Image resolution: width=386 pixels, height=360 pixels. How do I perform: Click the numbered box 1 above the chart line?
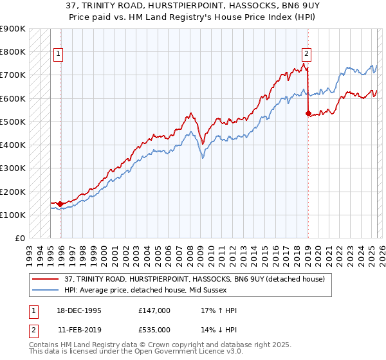[x=59, y=54]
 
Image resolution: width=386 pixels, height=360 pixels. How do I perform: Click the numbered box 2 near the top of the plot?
[x=306, y=54]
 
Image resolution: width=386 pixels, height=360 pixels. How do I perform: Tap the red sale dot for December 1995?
[x=60, y=204]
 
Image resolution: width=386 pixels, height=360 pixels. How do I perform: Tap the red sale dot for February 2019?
[x=308, y=114]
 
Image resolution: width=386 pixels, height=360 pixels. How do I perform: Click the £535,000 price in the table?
[x=154, y=329]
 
